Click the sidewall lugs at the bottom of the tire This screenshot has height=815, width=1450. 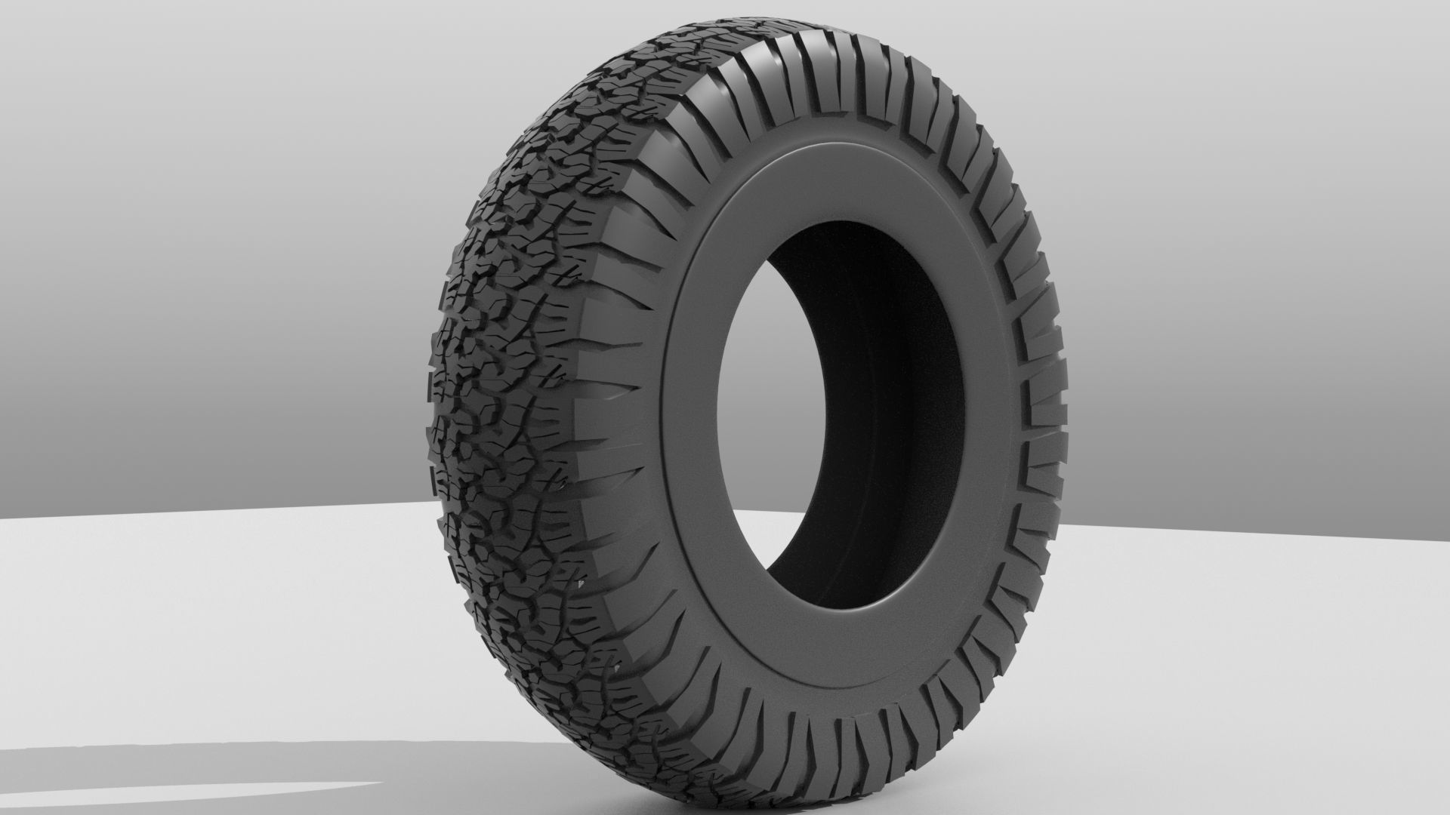point(831,755)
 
